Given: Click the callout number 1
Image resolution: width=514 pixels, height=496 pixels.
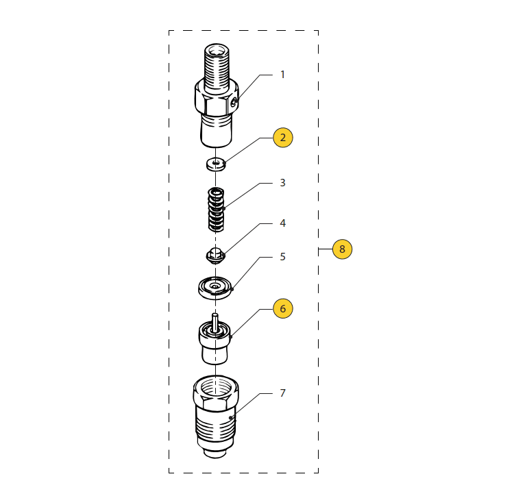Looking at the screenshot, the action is point(282,75).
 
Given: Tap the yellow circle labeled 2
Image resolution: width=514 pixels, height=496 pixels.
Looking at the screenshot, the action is point(283,138).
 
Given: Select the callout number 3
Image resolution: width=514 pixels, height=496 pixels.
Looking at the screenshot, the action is point(282,183).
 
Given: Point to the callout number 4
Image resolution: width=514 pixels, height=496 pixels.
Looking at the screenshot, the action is point(282,223).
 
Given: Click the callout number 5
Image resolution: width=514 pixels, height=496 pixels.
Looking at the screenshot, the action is point(282,257).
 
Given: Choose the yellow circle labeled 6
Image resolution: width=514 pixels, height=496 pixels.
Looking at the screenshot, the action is point(283,308).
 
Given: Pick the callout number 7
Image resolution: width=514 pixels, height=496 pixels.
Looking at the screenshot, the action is point(282,393).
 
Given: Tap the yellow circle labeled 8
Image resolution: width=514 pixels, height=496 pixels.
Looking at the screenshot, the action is point(342,249).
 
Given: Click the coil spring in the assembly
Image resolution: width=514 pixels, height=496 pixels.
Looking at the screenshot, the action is point(216,210).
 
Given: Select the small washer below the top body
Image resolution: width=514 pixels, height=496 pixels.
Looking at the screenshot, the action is point(216,164).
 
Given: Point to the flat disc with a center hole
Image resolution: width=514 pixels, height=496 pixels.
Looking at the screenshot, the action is point(215,288).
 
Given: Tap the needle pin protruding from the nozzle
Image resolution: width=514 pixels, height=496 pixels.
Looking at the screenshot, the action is point(215,323).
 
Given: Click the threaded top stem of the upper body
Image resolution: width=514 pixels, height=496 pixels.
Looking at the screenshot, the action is point(217,67).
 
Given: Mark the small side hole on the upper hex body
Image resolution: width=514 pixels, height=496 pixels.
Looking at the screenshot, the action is point(234,103).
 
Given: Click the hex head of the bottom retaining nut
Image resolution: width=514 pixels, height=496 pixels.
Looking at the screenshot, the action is point(216,393).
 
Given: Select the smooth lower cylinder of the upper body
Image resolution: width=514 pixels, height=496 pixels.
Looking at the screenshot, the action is point(216,131).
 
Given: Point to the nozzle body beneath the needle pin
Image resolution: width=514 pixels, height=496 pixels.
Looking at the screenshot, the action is point(215,344).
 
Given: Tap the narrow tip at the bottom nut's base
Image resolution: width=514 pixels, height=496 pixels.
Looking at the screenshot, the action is point(215,454).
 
